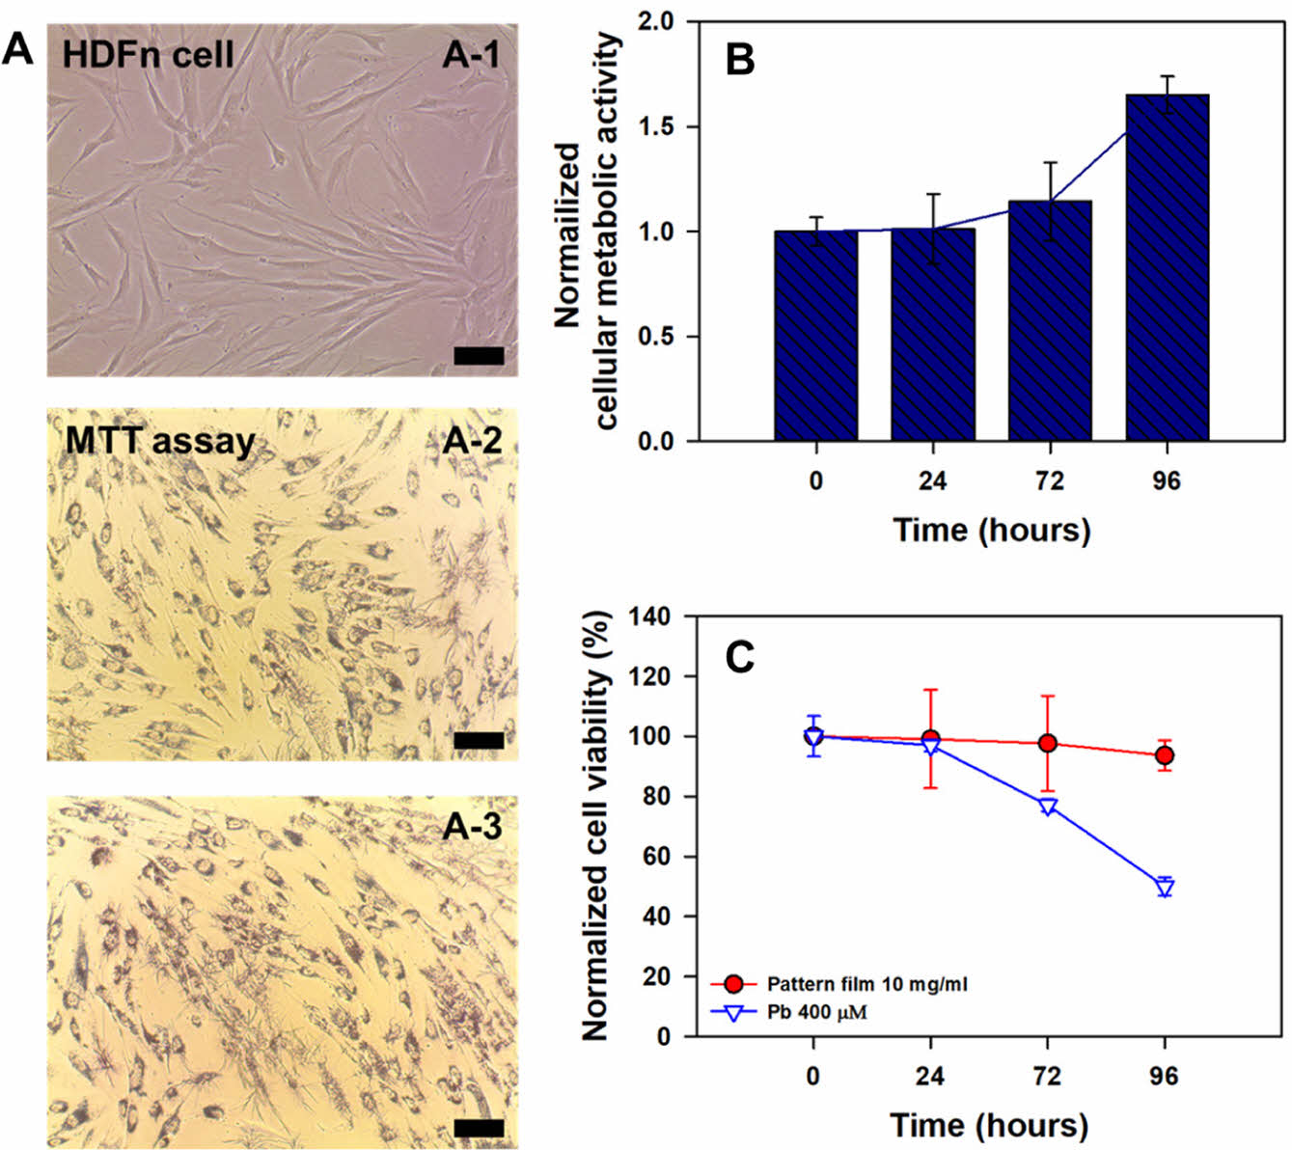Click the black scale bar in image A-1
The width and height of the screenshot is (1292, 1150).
(x=479, y=356)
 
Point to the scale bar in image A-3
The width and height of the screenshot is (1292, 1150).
(x=479, y=1128)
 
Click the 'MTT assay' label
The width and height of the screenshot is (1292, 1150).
(x=160, y=442)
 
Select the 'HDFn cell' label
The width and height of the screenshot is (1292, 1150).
(x=148, y=54)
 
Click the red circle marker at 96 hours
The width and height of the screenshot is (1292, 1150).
(x=1165, y=755)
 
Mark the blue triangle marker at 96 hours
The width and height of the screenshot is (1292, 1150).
(x=1165, y=888)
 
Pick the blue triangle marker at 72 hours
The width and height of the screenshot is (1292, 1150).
(x=1048, y=806)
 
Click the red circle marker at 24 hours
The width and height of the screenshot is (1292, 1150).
(x=930, y=739)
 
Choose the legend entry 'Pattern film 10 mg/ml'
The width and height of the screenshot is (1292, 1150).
(x=866, y=984)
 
